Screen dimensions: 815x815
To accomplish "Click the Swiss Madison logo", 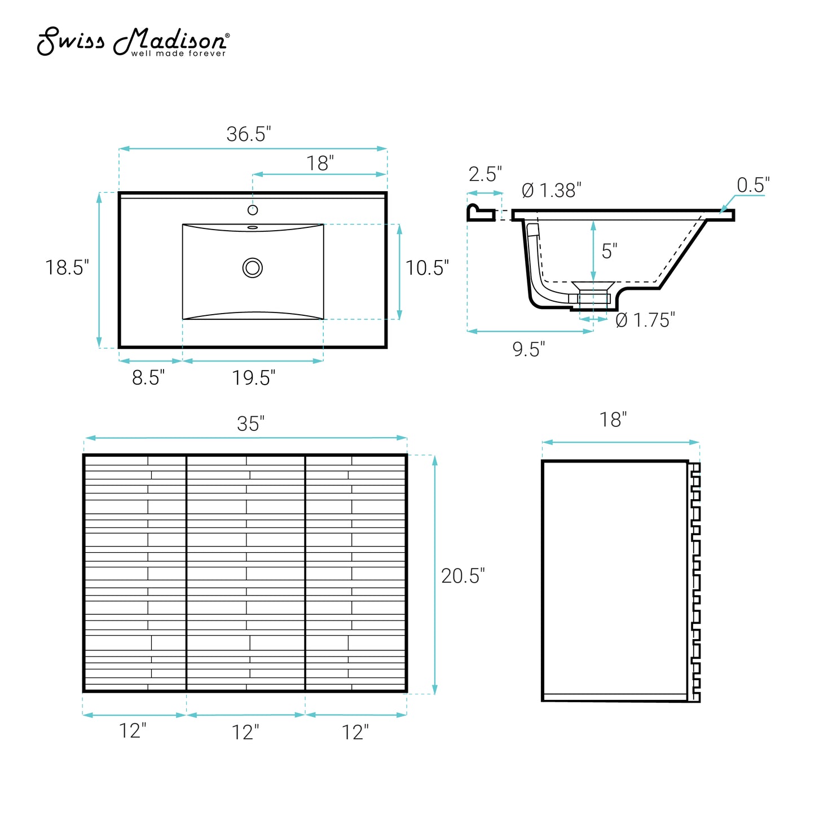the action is pos(133,41).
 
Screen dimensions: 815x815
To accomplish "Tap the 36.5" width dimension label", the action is pos(248,134).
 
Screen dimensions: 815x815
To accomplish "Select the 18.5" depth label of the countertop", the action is pos(67,267).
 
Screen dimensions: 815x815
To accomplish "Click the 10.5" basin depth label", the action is pos(427,268).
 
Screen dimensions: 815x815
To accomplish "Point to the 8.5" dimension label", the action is pos(148,377).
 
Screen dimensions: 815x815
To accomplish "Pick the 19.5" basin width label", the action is pos(253,378).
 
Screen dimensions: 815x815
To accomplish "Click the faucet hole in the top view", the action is pos(253,209).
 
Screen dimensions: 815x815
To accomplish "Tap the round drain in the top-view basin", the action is pos(253,268).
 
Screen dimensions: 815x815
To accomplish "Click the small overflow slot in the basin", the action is pos(253,227).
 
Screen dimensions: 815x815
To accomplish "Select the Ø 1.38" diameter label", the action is pos(552,190).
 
